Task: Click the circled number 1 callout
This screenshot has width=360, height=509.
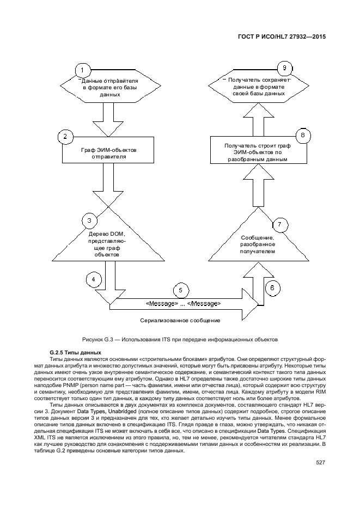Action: click(x=82, y=70)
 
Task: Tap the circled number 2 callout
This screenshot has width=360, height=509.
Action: click(x=65, y=137)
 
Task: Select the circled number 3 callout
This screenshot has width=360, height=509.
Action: click(x=89, y=220)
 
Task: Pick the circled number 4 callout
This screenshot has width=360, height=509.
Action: click(x=94, y=279)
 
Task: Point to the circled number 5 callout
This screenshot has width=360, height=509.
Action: click(x=181, y=290)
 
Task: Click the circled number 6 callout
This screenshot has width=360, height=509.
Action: click(x=273, y=288)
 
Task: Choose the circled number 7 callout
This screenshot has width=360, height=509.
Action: click(x=279, y=224)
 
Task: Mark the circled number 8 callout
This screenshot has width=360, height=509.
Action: click(x=303, y=135)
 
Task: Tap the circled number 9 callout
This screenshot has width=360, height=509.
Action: click(x=283, y=68)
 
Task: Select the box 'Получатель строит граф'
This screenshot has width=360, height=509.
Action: click(x=257, y=152)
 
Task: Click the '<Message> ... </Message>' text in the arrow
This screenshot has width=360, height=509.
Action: click(x=183, y=303)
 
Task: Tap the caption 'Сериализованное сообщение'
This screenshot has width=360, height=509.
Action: click(x=180, y=320)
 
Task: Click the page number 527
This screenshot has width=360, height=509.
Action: click(x=320, y=463)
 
